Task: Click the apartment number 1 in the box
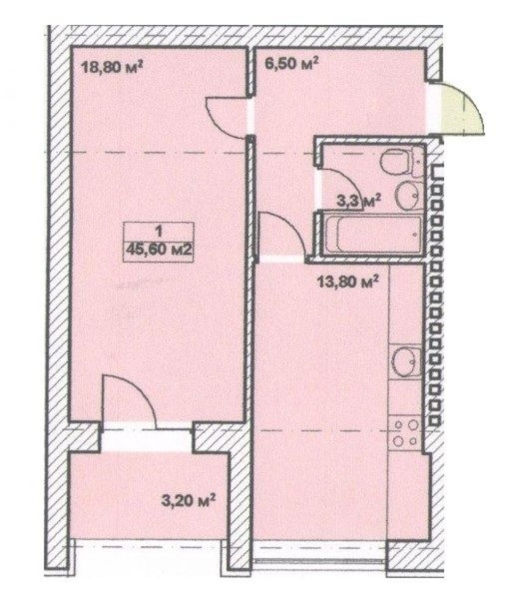pos(158,232)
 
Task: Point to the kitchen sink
pos(406,361)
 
